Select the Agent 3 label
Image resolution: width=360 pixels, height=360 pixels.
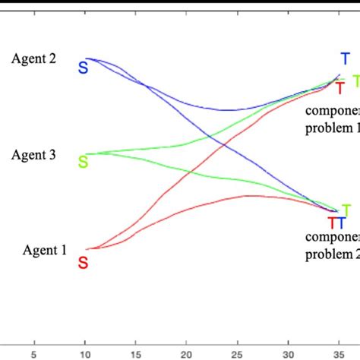(x=33, y=155)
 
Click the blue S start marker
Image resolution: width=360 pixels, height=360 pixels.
(x=83, y=69)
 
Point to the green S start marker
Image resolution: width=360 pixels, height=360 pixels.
(x=83, y=162)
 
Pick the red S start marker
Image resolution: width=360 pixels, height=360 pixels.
(x=83, y=263)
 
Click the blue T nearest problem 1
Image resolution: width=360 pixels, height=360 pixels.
(x=345, y=59)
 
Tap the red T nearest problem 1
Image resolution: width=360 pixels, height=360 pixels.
(x=341, y=88)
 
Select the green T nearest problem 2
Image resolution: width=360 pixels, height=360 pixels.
(x=346, y=210)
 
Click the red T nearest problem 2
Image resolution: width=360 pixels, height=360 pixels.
(x=332, y=223)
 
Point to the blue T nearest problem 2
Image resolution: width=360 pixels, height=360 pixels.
(x=341, y=223)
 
